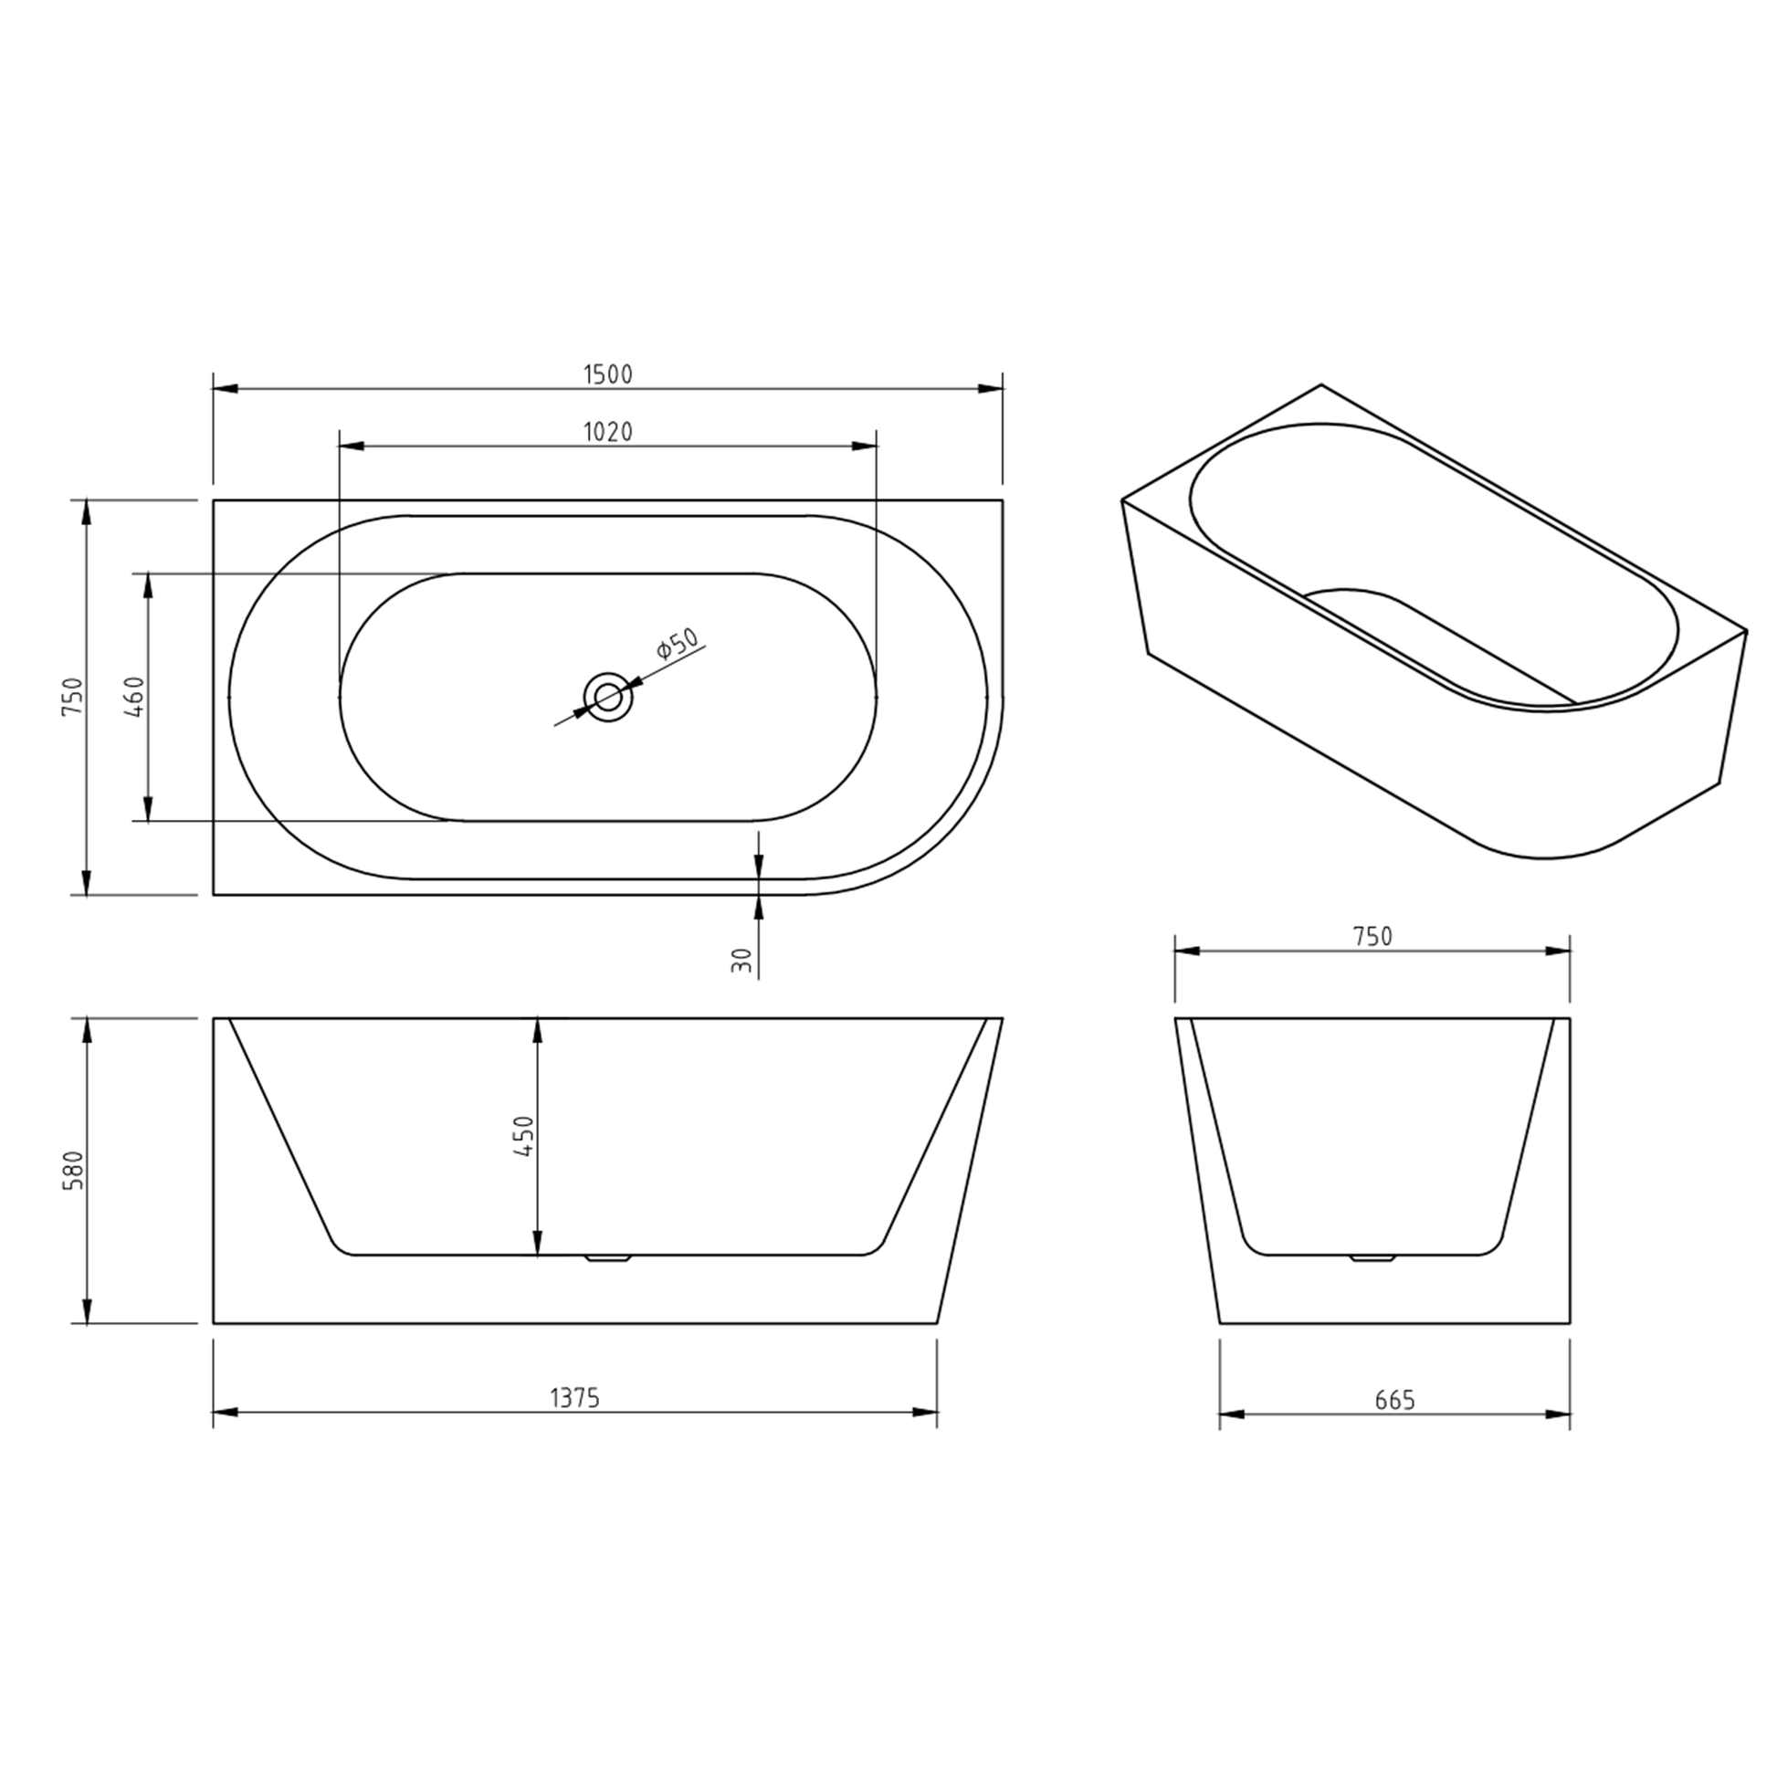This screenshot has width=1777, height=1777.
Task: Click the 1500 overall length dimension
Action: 608,374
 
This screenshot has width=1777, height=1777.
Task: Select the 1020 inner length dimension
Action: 608,431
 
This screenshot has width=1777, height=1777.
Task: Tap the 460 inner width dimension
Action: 134,697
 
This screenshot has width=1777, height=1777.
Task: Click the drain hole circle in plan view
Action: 608,697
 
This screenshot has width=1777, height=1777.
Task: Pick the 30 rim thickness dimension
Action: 742,960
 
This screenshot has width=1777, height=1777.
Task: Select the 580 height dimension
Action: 74,1170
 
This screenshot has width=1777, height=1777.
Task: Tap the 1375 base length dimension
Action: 575,1398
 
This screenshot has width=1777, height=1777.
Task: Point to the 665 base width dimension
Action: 1394,1400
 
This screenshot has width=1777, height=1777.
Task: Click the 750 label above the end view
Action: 1372,936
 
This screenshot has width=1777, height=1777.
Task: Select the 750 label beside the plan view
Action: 74,697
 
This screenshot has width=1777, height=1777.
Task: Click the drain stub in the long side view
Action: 608,1258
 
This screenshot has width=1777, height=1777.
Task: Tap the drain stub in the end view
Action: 1372,1257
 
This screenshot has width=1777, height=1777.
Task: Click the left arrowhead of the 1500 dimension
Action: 226,388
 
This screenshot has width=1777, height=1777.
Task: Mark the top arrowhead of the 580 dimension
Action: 87,1029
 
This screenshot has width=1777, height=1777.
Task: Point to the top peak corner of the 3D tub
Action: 1320,384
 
